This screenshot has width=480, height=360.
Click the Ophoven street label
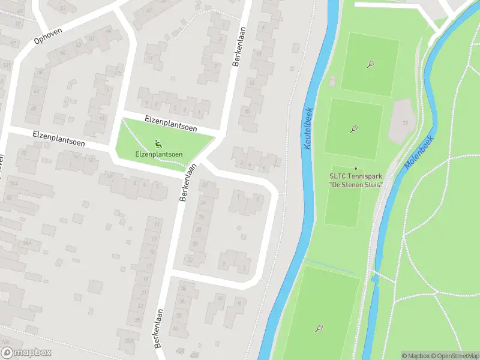[x=48, y=38]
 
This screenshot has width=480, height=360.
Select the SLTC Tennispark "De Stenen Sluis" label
[x=356, y=180]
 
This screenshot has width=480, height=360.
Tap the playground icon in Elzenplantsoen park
[x=158, y=143]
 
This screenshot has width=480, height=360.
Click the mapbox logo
[x=26, y=353]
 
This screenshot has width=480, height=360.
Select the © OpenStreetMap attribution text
[x=454, y=356]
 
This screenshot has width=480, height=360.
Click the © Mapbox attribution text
[x=416, y=356]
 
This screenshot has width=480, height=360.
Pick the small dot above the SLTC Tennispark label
[x=356, y=169]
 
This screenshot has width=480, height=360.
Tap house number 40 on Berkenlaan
[x=175, y=328]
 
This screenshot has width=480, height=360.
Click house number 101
[x=5, y=64]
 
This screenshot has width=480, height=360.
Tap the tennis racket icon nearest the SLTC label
[x=354, y=128]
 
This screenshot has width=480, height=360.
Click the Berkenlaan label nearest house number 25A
[x=158, y=329]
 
